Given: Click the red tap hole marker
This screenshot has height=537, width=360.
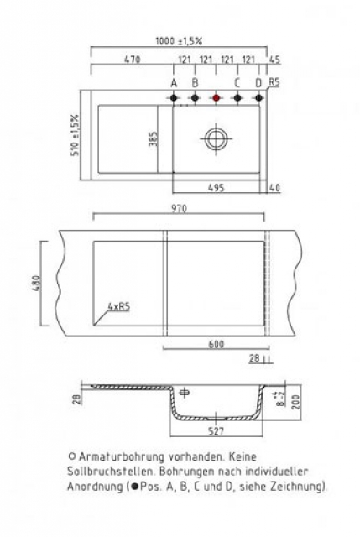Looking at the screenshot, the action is [x=217, y=98].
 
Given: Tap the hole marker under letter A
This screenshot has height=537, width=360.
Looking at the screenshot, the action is [x=174, y=98].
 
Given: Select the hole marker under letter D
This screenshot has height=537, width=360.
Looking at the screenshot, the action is [x=259, y=98].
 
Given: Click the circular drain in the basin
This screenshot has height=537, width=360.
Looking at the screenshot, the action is [x=217, y=139].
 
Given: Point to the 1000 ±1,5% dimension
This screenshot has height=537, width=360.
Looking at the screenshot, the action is [x=179, y=41].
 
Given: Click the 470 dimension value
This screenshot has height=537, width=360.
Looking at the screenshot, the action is [x=133, y=60].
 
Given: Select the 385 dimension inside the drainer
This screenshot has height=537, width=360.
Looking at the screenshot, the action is [x=154, y=138].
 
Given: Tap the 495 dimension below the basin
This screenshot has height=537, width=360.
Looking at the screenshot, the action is [x=217, y=188].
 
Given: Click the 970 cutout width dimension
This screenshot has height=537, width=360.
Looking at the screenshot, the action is [x=179, y=209].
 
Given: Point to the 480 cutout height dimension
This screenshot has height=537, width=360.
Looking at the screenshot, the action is [x=37, y=284].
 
